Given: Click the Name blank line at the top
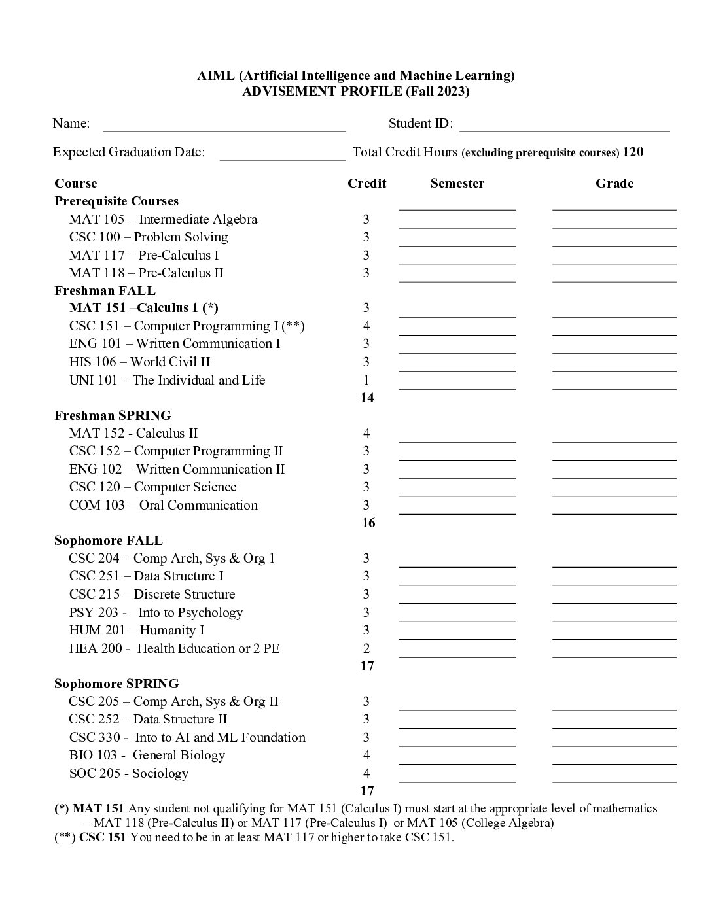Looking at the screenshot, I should (224, 128).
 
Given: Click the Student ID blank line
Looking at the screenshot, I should (564, 128).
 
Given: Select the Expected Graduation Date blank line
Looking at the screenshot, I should (282, 157).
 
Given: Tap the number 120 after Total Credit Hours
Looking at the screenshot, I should (633, 152).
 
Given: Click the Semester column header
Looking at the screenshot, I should (457, 184).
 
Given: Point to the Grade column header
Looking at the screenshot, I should (614, 184).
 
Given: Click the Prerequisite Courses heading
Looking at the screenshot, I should (116, 201).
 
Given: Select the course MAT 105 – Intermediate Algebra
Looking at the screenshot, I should (163, 220).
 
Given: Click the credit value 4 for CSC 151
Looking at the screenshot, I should (366, 326).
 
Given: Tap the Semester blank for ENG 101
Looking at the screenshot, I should (457, 351).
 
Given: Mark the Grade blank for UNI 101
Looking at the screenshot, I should (614, 387).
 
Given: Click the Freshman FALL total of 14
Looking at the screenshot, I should (366, 398).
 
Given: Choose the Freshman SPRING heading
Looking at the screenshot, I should (113, 416).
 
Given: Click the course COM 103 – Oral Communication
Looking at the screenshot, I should (163, 505).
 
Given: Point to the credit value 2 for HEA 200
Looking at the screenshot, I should (366, 648).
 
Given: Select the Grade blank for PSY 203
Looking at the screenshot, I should (614, 619).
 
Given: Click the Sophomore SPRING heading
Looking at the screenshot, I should (116, 684).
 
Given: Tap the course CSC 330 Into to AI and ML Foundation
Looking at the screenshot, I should (187, 737).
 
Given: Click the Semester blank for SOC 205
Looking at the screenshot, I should (457, 780).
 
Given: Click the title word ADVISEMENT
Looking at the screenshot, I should (289, 92).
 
